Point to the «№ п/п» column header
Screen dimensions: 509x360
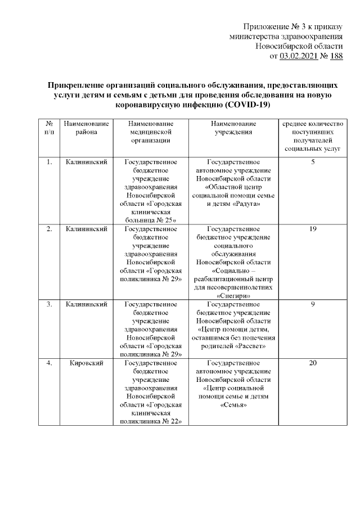tap(49, 128)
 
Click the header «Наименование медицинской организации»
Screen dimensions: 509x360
tap(150, 132)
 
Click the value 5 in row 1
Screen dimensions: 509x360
tap(313, 163)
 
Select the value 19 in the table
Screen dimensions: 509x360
tap(313, 229)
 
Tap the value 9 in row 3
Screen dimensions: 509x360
tap(313, 304)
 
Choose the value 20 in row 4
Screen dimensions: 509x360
tap(313, 363)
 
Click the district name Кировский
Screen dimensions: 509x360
tap(86, 363)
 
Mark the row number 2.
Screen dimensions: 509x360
tap(49, 229)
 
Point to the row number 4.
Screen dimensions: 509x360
tap(49, 363)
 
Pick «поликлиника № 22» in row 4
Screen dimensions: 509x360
tap(150, 421)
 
